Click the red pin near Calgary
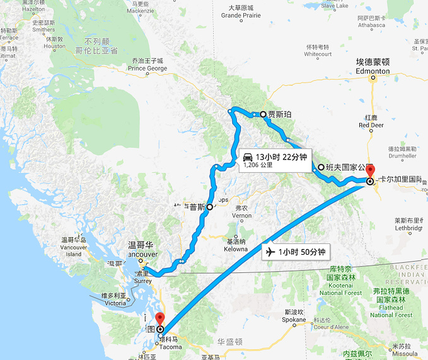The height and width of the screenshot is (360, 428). tap(370, 171)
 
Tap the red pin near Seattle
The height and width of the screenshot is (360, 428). tap(159, 319)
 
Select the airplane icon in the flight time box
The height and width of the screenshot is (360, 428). tap(270, 252)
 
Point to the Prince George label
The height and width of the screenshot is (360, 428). tap(147, 68)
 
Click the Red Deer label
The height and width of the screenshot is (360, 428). tap(372, 125)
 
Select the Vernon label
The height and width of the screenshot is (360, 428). tap(241, 216)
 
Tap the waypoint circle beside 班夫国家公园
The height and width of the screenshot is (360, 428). tap(321, 168)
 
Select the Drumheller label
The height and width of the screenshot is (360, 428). tap(403, 155)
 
